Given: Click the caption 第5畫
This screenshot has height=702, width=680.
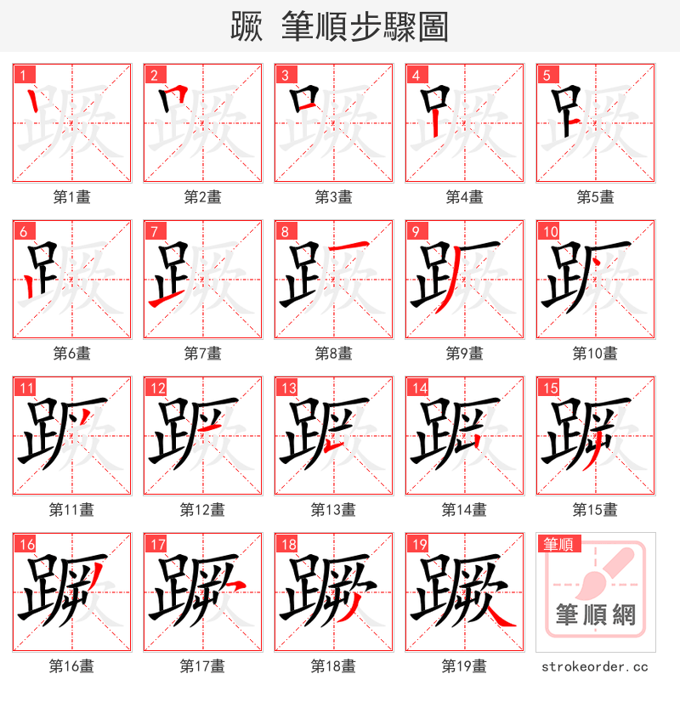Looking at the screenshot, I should tap(595, 197).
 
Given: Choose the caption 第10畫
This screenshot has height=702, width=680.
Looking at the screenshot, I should tap(595, 354).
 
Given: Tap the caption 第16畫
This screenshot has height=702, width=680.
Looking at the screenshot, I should tap(71, 666).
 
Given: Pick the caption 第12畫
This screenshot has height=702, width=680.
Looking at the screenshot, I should tap(202, 510).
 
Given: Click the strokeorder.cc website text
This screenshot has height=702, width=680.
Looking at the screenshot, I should tap(595, 667).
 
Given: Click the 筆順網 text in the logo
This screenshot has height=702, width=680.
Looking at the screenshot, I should tap(595, 614).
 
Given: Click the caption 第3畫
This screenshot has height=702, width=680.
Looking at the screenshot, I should tap(333, 197).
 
